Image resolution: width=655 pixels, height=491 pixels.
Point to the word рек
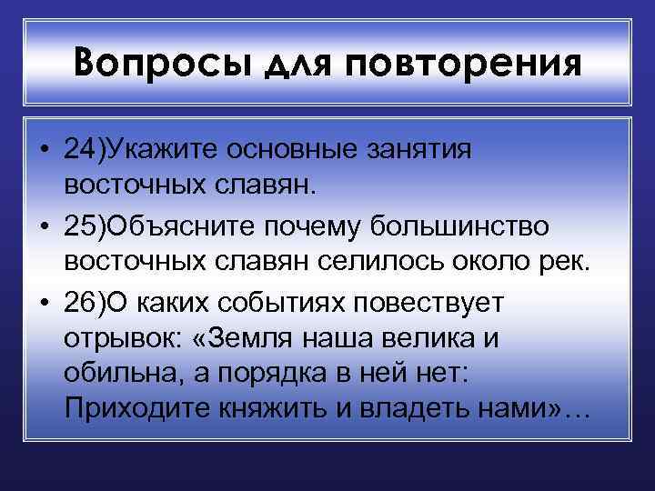[569, 263]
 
